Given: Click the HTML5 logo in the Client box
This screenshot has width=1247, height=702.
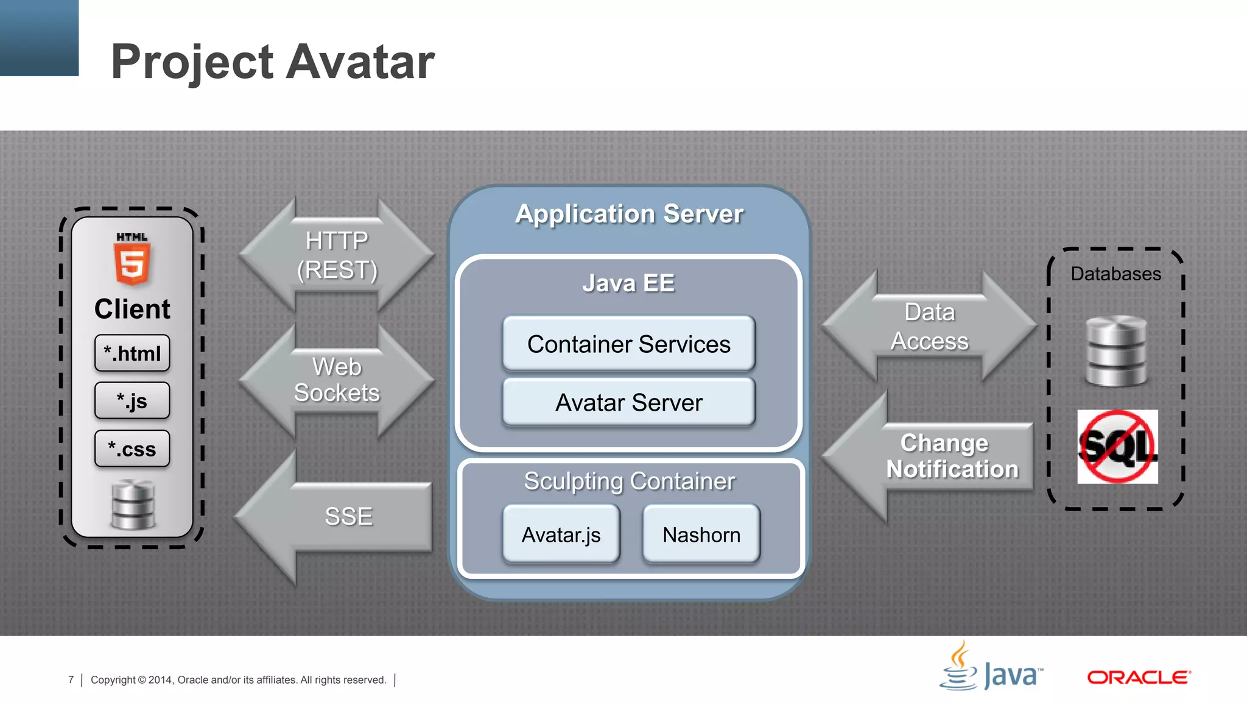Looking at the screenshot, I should tap(132, 259).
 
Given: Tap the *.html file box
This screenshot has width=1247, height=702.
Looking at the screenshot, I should tap(132, 353).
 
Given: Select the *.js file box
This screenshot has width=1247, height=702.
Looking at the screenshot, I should tap(132, 401).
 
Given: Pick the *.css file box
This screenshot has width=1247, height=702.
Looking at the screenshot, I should tap(132, 449).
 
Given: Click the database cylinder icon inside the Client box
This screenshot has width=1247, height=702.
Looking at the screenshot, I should tap(133, 505).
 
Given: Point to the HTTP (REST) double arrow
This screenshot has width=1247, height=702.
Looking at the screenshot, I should tap(337, 255).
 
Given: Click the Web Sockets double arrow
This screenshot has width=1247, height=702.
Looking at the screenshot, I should tap(337, 380).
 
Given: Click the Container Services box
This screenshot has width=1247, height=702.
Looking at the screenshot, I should tap(628, 344).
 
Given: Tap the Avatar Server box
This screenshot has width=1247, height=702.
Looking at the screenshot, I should tap(628, 403).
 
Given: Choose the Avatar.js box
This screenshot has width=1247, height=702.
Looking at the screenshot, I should tap(561, 534).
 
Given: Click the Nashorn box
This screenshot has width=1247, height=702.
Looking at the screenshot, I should tap(701, 534).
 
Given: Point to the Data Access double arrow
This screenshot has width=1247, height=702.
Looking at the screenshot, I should tap(929, 327).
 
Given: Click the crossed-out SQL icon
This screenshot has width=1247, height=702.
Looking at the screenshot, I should tap(1117, 447).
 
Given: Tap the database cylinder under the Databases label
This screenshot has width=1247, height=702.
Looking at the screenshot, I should tap(1116, 351).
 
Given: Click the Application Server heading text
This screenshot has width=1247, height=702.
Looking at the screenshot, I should tap(629, 214).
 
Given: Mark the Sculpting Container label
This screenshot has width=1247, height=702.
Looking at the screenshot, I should tap(629, 481).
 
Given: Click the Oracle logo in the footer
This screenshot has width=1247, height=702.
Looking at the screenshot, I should tap(1139, 678).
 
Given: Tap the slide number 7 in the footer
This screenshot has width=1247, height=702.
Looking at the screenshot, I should tap(71, 679).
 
